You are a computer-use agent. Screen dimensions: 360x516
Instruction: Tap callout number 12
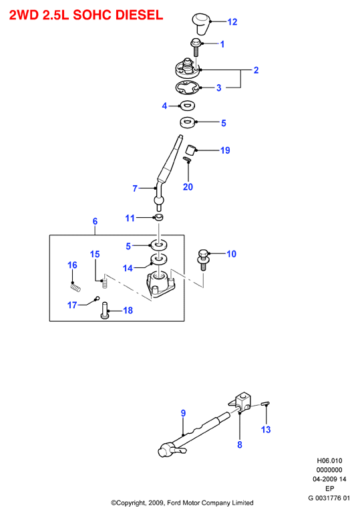[x=232, y=21]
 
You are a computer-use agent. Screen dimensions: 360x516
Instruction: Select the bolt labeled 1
[x=196, y=47]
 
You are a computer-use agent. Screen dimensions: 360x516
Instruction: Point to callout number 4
[x=164, y=106]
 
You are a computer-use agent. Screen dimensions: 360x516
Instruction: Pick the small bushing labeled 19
[x=190, y=150]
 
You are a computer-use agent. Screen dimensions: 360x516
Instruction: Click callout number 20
[x=188, y=187]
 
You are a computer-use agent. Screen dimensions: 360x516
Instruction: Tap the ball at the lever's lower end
[x=159, y=201]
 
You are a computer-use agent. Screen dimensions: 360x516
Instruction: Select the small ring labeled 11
[x=159, y=217]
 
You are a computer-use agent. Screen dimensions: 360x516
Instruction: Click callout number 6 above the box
[x=95, y=221]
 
